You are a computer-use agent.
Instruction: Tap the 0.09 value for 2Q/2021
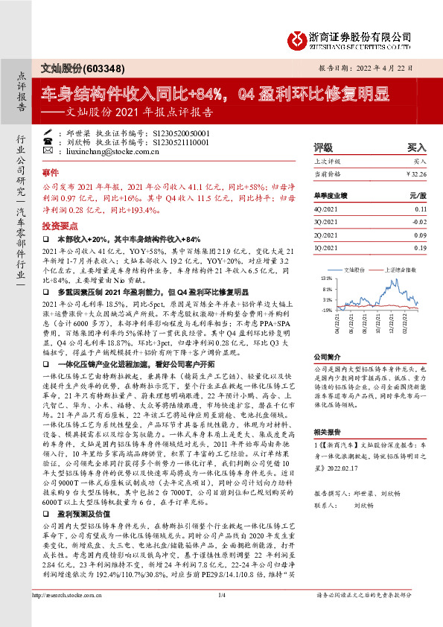418,234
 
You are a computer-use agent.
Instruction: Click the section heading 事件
50,171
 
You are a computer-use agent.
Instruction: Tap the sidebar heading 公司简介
327,357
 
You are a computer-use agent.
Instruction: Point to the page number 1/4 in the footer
221,616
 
